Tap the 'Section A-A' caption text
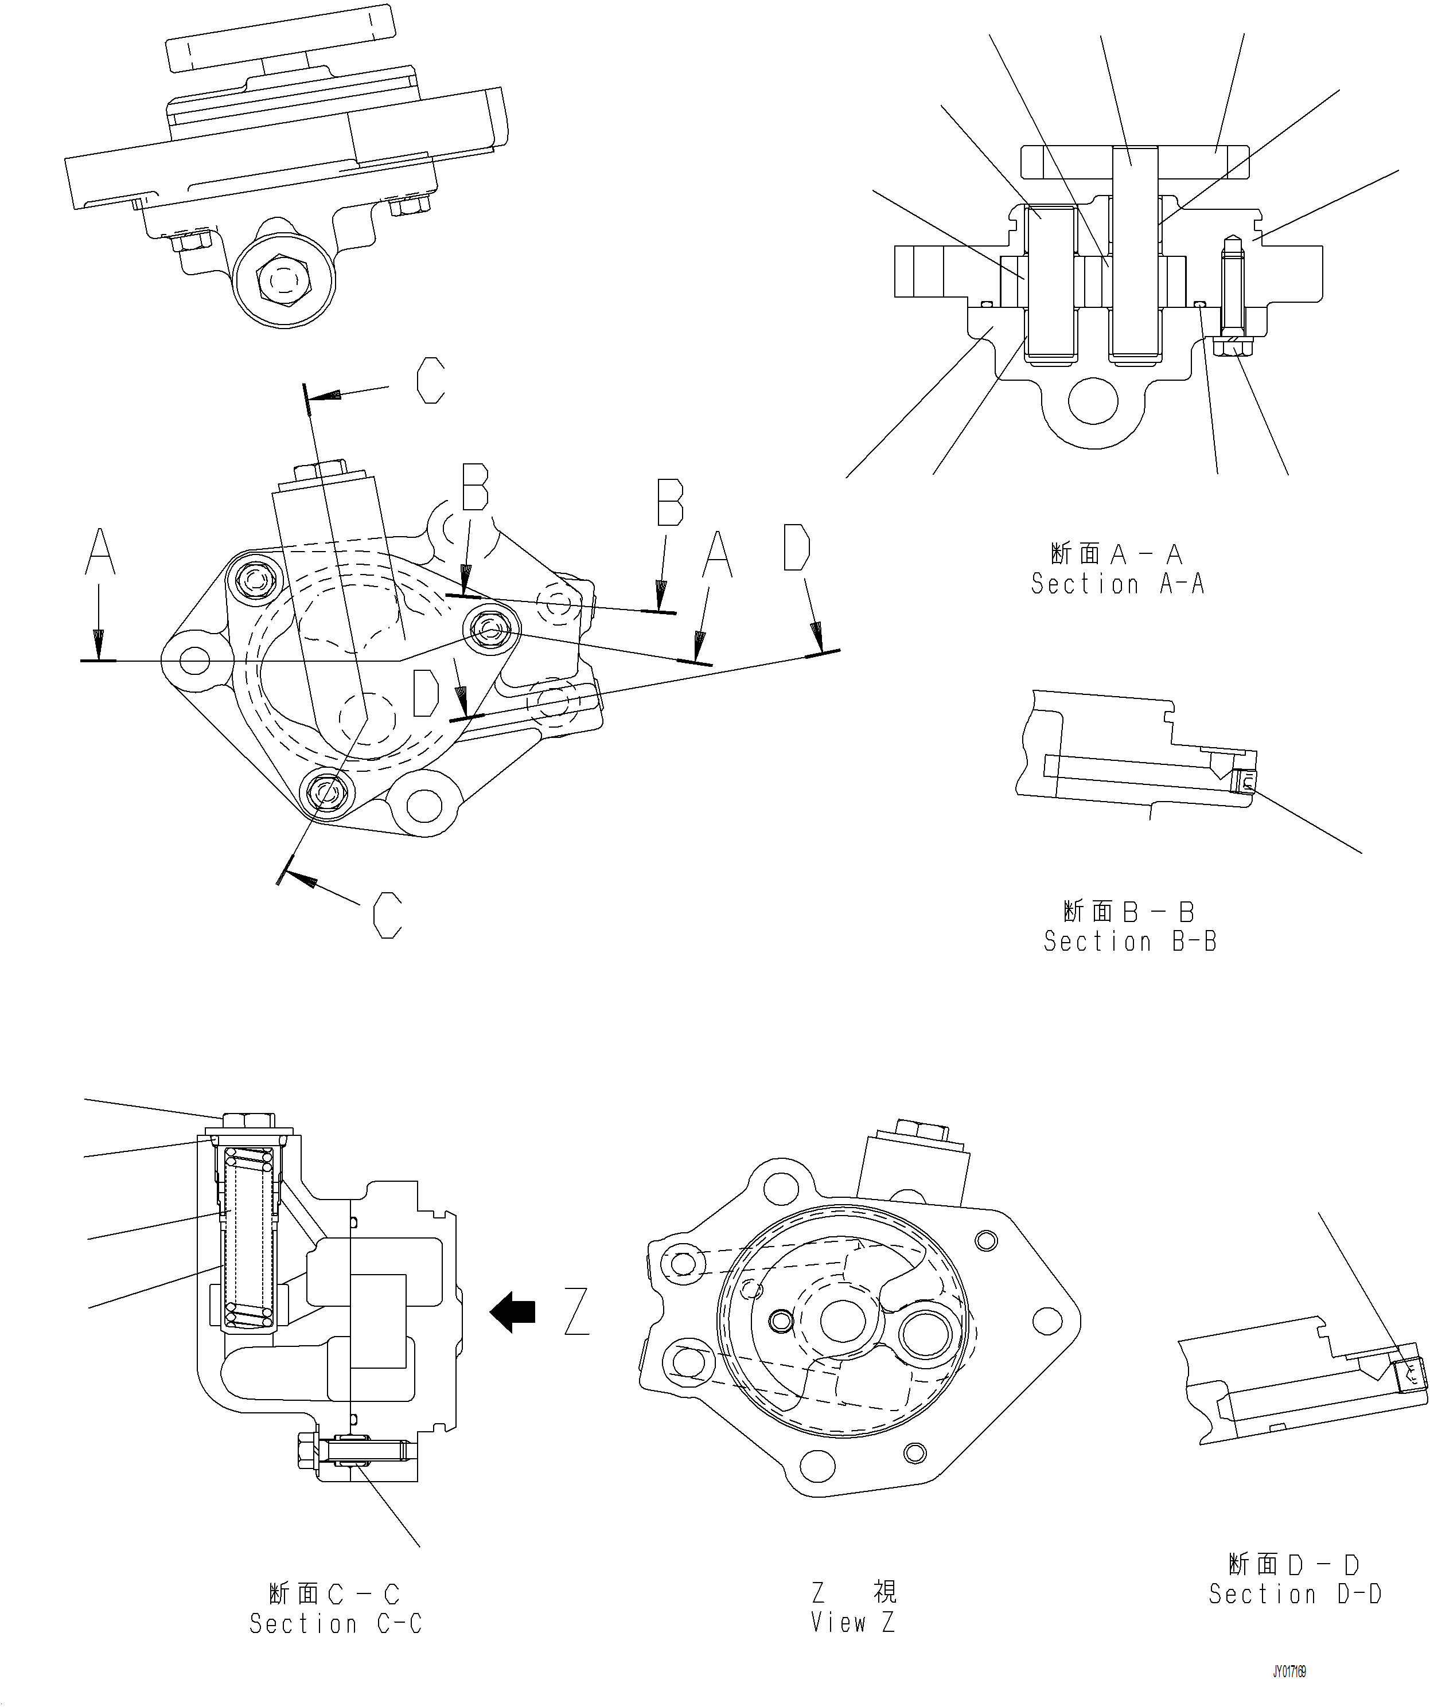1117,584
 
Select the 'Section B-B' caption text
1130,942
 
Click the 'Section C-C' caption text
336,1623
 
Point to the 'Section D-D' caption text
1295,1594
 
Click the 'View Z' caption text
853,1623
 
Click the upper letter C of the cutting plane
431,381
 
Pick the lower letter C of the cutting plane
388,915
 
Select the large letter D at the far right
797,547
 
